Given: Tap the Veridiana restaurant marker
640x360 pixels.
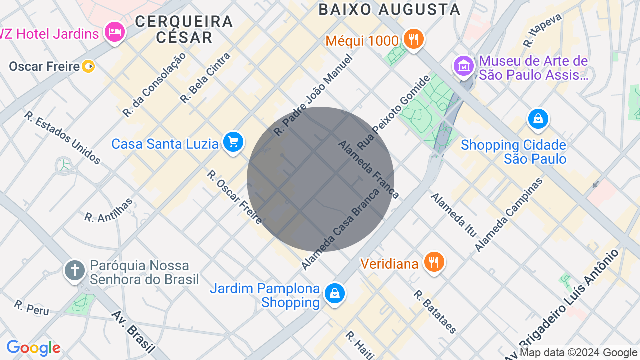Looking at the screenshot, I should click(x=434, y=262).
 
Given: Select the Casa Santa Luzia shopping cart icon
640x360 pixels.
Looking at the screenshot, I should click(x=233, y=142).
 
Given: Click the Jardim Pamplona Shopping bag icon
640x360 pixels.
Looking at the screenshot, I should click(x=335, y=293).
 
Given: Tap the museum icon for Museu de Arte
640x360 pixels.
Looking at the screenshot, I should click(x=463, y=65).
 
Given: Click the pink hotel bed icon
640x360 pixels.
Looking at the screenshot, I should click(x=115, y=32).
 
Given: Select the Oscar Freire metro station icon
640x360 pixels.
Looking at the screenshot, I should click(x=88, y=66).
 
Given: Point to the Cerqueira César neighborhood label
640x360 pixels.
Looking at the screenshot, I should click(x=184, y=29).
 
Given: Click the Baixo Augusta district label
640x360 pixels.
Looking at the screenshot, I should click(x=389, y=9).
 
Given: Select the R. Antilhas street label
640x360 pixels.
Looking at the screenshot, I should click(x=109, y=210).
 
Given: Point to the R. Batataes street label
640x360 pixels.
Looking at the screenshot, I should click(x=435, y=311).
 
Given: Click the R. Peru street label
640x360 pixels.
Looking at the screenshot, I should click(x=32, y=308).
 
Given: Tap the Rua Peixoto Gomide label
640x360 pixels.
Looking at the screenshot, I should click(x=394, y=112).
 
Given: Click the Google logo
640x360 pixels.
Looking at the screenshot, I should click(x=33, y=348).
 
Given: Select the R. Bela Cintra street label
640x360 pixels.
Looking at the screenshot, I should click(x=205, y=77).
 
